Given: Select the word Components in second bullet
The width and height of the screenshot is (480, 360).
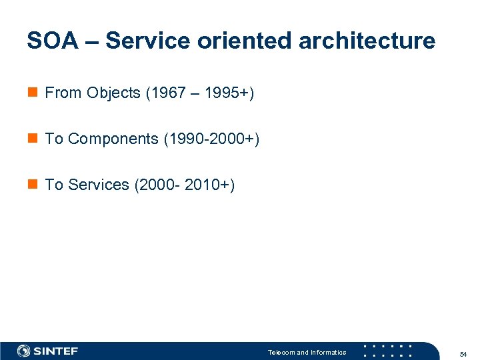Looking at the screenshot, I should (113, 139).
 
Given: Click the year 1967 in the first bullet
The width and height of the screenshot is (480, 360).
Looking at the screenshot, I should (168, 93).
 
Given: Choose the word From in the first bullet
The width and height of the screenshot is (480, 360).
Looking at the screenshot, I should (63, 93).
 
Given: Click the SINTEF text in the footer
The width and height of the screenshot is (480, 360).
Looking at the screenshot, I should (56, 351).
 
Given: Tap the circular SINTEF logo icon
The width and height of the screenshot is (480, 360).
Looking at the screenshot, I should (24, 351).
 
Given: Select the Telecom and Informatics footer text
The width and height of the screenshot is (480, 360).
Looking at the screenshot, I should (307, 352).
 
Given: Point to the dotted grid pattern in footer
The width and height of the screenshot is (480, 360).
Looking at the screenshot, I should (387, 351).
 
